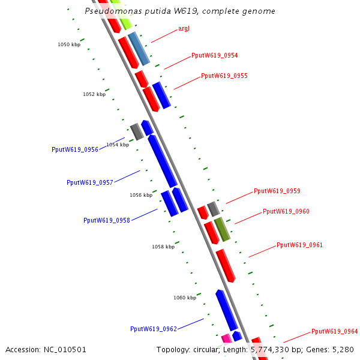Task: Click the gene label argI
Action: [184, 29]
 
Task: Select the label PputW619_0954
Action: [215, 55]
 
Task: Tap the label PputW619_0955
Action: [224, 76]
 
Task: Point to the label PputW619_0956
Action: [75, 149]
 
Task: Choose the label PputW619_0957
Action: [90, 182]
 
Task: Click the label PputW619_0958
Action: [107, 220]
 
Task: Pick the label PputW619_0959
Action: [277, 191]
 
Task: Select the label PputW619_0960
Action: [286, 211]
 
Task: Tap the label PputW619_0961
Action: [300, 245]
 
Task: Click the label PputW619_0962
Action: [154, 329]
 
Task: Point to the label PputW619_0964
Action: [334, 331]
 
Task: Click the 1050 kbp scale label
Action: [69, 44]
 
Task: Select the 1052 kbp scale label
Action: [94, 94]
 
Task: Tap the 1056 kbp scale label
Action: [141, 195]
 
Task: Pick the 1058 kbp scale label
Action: [163, 247]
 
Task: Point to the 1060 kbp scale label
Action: [185, 298]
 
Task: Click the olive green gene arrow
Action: [222, 230]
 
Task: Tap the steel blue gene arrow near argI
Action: [139, 49]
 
